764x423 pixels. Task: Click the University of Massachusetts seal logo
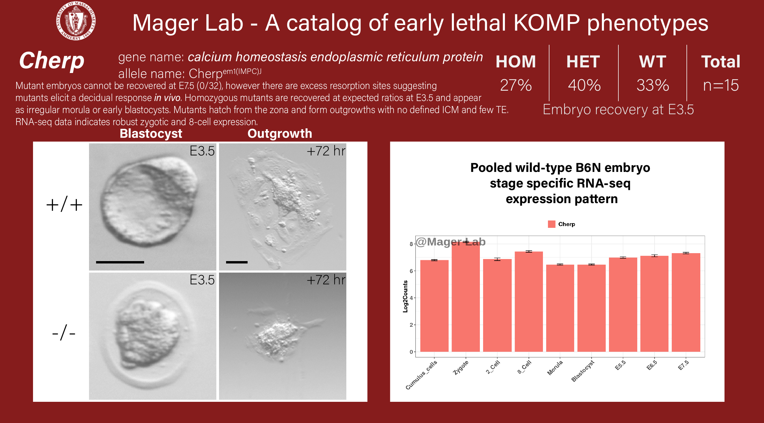(x=76, y=21)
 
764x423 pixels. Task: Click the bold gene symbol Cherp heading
(x=52, y=61)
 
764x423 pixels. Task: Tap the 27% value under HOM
(x=516, y=85)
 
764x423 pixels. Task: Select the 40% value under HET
(x=584, y=85)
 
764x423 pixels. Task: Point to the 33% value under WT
(x=653, y=85)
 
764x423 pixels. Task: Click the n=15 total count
(x=721, y=85)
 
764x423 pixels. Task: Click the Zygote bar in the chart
(x=466, y=297)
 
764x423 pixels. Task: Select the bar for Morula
(x=560, y=308)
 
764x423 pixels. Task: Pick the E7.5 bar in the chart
(x=686, y=302)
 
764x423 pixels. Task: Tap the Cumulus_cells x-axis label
(x=421, y=375)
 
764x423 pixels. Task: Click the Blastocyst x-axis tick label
(x=583, y=371)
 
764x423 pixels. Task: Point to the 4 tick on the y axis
(x=411, y=298)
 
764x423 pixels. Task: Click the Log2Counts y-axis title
(x=405, y=296)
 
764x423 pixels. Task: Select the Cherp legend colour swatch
(x=551, y=224)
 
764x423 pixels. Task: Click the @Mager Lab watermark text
(x=450, y=242)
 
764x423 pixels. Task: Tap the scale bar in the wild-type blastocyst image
(x=120, y=262)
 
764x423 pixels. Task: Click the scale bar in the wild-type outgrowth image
(x=237, y=262)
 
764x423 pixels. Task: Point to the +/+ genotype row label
(x=64, y=205)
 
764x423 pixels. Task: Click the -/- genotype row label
(x=64, y=333)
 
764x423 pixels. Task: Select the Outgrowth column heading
(x=280, y=134)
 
